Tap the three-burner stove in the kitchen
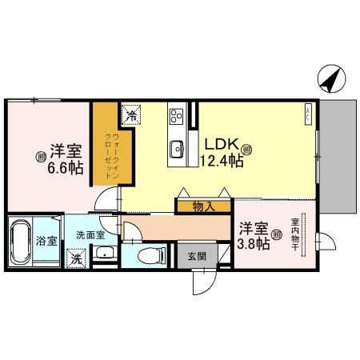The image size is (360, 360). pyautogui.click(x=177, y=117)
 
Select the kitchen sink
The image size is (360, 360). pyautogui.click(x=177, y=149)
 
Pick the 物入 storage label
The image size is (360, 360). pyautogui.click(x=203, y=207)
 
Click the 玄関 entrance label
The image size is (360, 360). pyautogui.click(x=196, y=256)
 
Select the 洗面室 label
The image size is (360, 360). pyautogui.click(x=90, y=237)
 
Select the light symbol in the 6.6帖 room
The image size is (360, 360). pyautogui.click(x=38, y=157)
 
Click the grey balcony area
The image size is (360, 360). pyautogui.click(x=339, y=160)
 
